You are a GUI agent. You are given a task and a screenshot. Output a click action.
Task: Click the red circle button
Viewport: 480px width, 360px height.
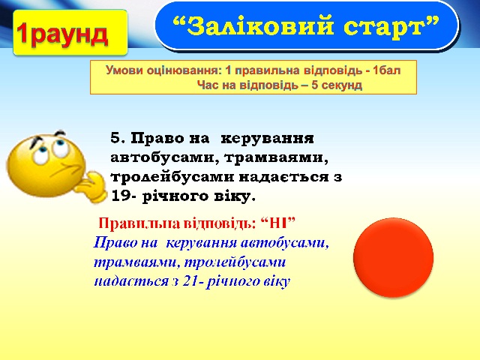coord(393,257)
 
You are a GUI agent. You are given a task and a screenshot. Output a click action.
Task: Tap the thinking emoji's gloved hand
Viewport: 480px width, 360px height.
coord(91,187)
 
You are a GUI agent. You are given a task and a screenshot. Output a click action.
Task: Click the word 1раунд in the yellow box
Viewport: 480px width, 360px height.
coord(62,34)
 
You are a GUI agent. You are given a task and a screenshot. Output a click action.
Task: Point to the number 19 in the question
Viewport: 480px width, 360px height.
coord(121,196)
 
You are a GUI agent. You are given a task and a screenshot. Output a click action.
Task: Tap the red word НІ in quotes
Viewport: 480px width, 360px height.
coord(278,223)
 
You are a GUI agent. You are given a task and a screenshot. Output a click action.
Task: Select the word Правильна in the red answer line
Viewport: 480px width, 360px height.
coord(139,223)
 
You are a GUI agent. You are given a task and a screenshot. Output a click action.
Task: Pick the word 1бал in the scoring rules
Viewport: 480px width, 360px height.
coord(387,70)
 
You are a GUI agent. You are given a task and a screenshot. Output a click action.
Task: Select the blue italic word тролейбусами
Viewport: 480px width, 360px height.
coord(235,262)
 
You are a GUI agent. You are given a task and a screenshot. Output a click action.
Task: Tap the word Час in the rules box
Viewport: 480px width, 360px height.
coord(208,85)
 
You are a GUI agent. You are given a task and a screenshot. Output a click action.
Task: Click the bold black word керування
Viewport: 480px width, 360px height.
coord(267,139)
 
